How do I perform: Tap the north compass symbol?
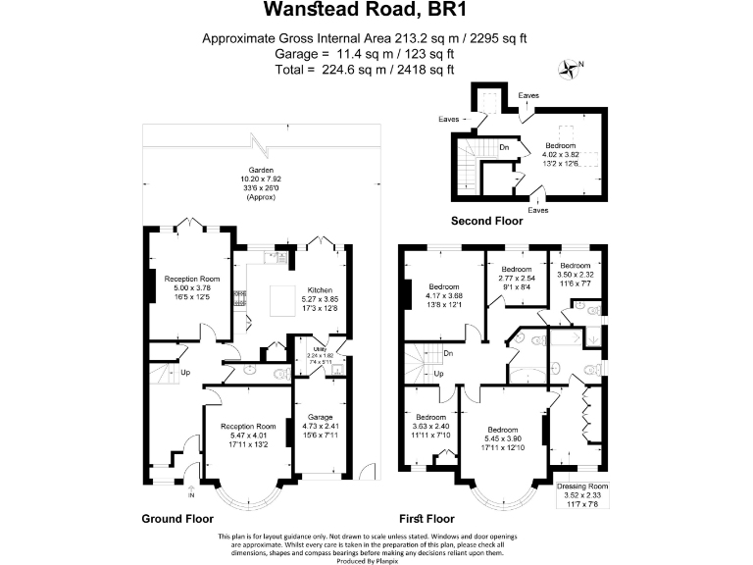pyautogui.click(x=568, y=69)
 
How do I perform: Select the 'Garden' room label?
pyautogui.click(x=260, y=170)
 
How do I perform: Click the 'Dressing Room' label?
pyautogui.click(x=582, y=486)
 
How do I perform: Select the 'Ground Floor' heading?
pyautogui.click(x=178, y=518)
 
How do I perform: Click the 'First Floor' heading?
pyautogui.click(x=427, y=518)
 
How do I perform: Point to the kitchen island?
pyautogui.click(x=288, y=301)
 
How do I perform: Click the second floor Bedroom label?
pyautogui.click(x=561, y=145)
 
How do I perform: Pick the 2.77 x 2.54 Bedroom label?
pyautogui.click(x=516, y=269)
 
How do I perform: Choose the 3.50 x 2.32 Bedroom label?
pyautogui.click(x=575, y=265)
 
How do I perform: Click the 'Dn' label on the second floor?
pyautogui.click(x=503, y=147)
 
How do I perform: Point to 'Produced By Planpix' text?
pyautogui.click(x=376, y=559)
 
